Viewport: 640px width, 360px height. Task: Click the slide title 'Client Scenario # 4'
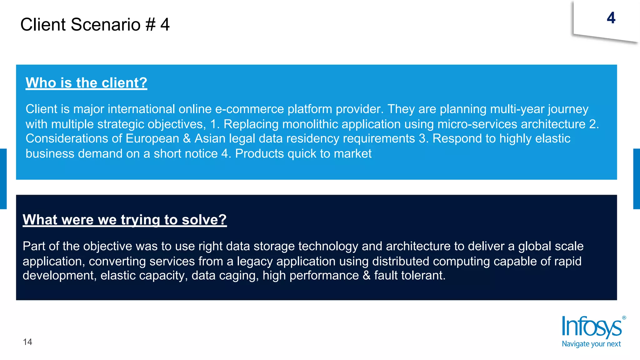(95, 24)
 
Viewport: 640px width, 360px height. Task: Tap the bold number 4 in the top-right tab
(611, 18)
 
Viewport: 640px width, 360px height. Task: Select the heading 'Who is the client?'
(86, 83)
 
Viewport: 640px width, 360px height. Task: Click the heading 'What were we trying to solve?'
(125, 220)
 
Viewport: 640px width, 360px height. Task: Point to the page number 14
(27, 342)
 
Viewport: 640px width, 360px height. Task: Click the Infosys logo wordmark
(591, 327)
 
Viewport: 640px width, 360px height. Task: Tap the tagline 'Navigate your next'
(591, 344)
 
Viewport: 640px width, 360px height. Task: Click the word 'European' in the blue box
(152, 138)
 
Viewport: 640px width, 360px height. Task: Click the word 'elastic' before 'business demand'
(552, 138)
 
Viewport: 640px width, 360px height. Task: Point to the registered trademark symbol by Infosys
(624, 318)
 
